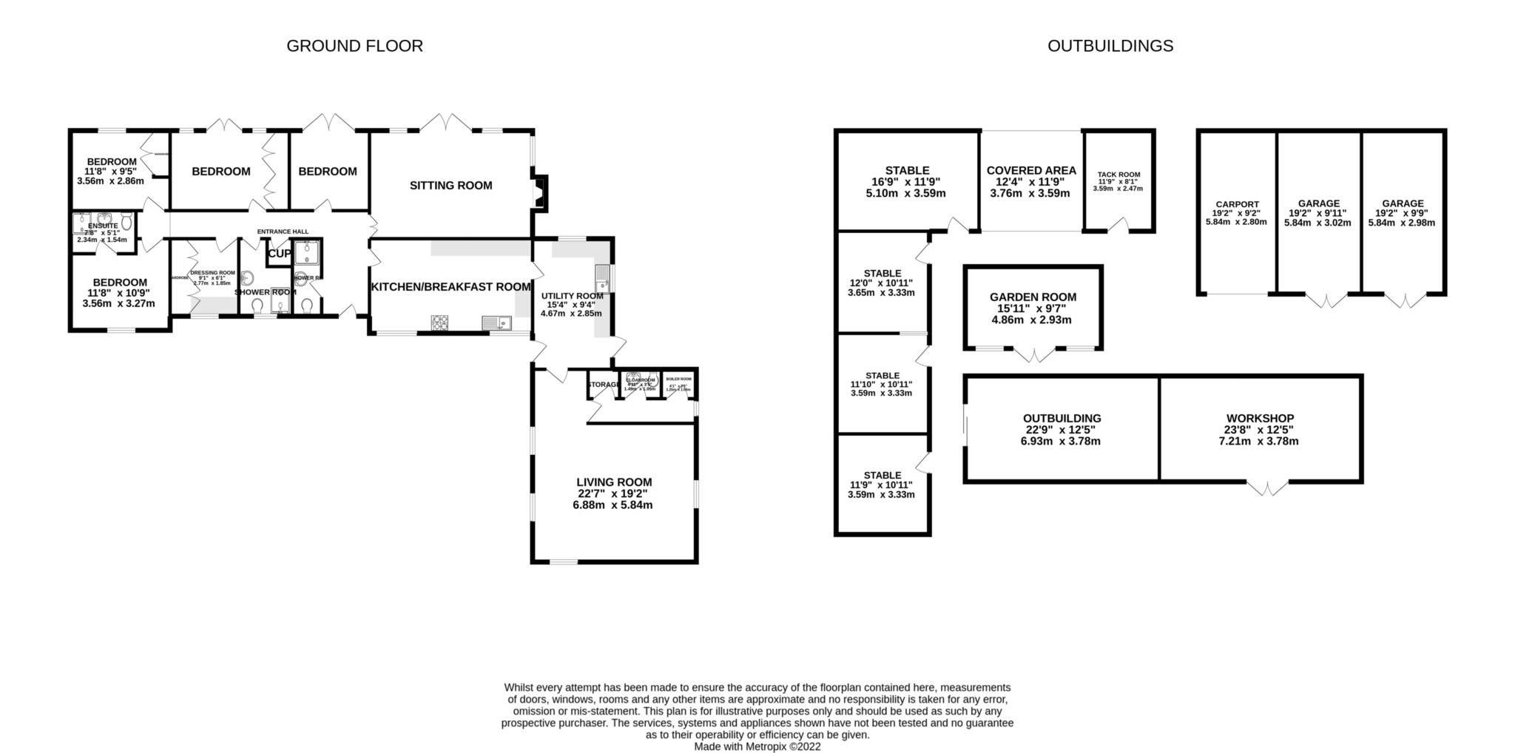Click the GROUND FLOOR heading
pos(354,46)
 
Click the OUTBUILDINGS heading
pos(1110,46)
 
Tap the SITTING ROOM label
pos(451,186)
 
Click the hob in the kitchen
pos(441,323)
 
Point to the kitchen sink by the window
pos(496,323)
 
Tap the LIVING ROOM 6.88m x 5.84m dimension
pos(613,505)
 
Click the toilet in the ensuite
pos(127,221)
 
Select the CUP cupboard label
pos(279,254)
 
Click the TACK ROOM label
pos(1118,175)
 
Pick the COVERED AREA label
pos(1031,171)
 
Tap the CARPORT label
pos(1237,205)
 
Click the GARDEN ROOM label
pos(1033,297)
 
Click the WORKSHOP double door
pos(1268,489)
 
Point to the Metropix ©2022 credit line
pos(757,746)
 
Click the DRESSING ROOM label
pos(212,273)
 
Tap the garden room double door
pos(1033,355)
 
